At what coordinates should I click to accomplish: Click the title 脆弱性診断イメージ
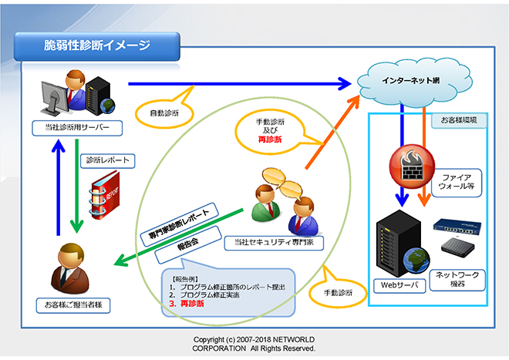97,45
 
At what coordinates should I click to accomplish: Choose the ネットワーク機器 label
460,279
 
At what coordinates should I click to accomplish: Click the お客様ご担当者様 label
73,305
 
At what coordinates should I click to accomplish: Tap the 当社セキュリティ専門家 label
279,242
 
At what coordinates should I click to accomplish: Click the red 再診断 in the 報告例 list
192,304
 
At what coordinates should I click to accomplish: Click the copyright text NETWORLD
292,339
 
